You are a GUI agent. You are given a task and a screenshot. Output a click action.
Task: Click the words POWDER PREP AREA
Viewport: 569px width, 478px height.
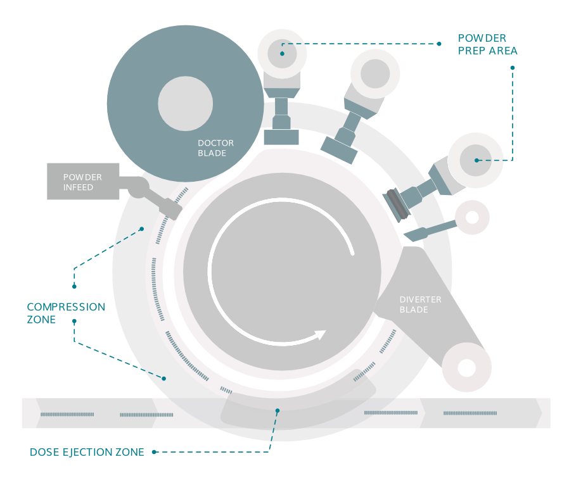(x=487, y=44)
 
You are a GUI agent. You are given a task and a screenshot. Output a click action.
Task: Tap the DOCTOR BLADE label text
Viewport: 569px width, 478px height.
(x=212, y=148)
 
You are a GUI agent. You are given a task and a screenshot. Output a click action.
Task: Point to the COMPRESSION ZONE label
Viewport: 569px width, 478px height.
(x=66, y=313)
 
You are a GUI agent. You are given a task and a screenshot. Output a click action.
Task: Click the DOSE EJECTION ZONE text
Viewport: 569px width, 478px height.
(x=87, y=452)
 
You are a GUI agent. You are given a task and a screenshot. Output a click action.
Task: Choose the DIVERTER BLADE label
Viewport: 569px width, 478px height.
(x=420, y=305)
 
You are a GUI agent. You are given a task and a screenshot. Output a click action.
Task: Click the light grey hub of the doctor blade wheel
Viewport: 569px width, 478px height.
(x=186, y=104)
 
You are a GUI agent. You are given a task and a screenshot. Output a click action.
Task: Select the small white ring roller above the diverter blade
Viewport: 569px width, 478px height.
(x=472, y=217)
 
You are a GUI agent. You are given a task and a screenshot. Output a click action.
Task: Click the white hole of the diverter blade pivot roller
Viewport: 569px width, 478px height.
(x=467, y=367)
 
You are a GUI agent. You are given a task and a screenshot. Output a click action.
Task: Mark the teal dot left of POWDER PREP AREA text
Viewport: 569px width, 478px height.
(x=439, y=44)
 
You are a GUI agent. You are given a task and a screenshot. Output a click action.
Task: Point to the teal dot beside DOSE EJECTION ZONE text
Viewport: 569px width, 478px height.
(x=154, y=452)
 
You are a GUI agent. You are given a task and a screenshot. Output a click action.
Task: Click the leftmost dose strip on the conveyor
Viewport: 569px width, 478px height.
(x=67, y=414)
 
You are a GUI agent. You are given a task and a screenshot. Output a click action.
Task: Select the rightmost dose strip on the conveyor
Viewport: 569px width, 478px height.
(x=470, y=413)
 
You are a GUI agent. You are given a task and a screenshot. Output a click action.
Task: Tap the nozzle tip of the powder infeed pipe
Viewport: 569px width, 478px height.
(x=171, y=208)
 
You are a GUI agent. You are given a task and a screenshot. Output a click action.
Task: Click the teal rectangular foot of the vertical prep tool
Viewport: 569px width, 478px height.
(x=281, y=137)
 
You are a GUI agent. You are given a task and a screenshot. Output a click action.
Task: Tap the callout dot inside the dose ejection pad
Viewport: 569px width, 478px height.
(x=277, y=410)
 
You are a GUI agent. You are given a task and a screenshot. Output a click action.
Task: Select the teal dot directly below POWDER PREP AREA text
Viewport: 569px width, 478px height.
(x=513, y=67)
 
